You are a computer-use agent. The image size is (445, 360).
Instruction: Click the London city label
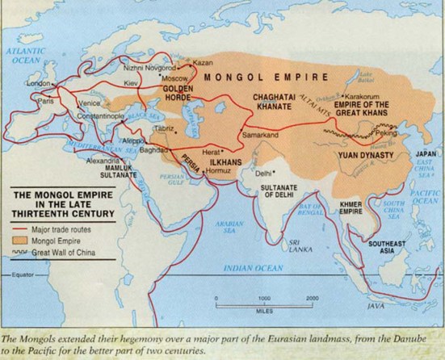coord(38,82)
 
